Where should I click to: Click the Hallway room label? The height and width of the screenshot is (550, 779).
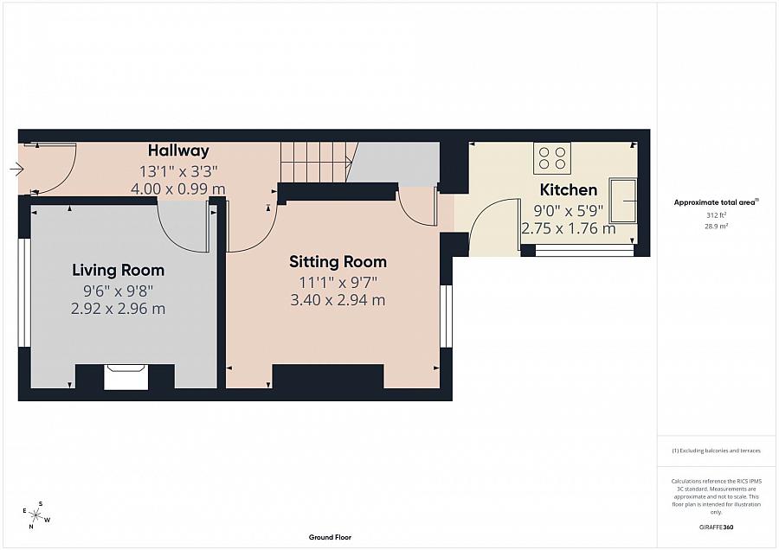click(178, 150)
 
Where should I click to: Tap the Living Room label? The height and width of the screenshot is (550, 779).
click(119, 270)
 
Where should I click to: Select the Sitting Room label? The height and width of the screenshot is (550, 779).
click(338, 262)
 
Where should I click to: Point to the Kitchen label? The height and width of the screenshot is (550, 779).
click(569, 189)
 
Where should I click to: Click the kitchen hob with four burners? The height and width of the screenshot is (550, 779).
click(552, 158)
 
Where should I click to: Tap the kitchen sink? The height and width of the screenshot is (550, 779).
click(623, 201)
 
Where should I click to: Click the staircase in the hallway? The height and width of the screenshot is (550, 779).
click(319, 162)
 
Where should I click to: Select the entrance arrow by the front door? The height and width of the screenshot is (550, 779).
click(17, 169)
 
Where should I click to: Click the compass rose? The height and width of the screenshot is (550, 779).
click(36, 515)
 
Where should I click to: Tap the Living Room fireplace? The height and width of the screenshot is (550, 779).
click(126, 377)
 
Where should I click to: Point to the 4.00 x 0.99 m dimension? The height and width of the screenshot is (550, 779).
click(177, 189)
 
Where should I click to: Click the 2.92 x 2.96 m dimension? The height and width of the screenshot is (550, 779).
click(119, 309)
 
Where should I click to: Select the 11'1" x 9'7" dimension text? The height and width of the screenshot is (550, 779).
click(338, 283)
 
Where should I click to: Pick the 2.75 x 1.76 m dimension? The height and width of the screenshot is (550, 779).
click(569, 229)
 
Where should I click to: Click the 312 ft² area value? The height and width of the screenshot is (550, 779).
click(717, 215)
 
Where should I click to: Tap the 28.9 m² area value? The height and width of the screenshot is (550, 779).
click(717, 226)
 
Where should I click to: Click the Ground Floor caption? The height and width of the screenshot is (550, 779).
click(330, 537)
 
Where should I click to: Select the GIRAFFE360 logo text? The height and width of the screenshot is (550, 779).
click(716, 528)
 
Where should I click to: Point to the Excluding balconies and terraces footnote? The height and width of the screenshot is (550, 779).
click(716, 451)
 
